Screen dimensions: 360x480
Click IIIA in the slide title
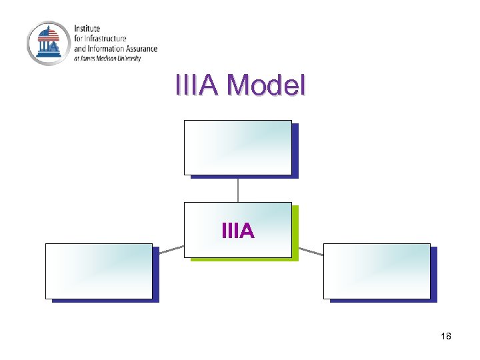point(197,85)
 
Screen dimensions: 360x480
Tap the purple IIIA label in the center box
point(237,231)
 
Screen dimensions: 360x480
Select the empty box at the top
point(237,147)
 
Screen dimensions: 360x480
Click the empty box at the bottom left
point(99,271)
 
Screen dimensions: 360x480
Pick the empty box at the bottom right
point(377,271)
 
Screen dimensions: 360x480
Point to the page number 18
point(446,336)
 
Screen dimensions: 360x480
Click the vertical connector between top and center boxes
point(238,189)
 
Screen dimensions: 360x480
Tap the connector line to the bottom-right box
point(310,251)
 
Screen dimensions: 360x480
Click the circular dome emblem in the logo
point(48,43)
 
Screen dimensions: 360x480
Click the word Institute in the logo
point(87,29)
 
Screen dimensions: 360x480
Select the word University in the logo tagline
point(130,58)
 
